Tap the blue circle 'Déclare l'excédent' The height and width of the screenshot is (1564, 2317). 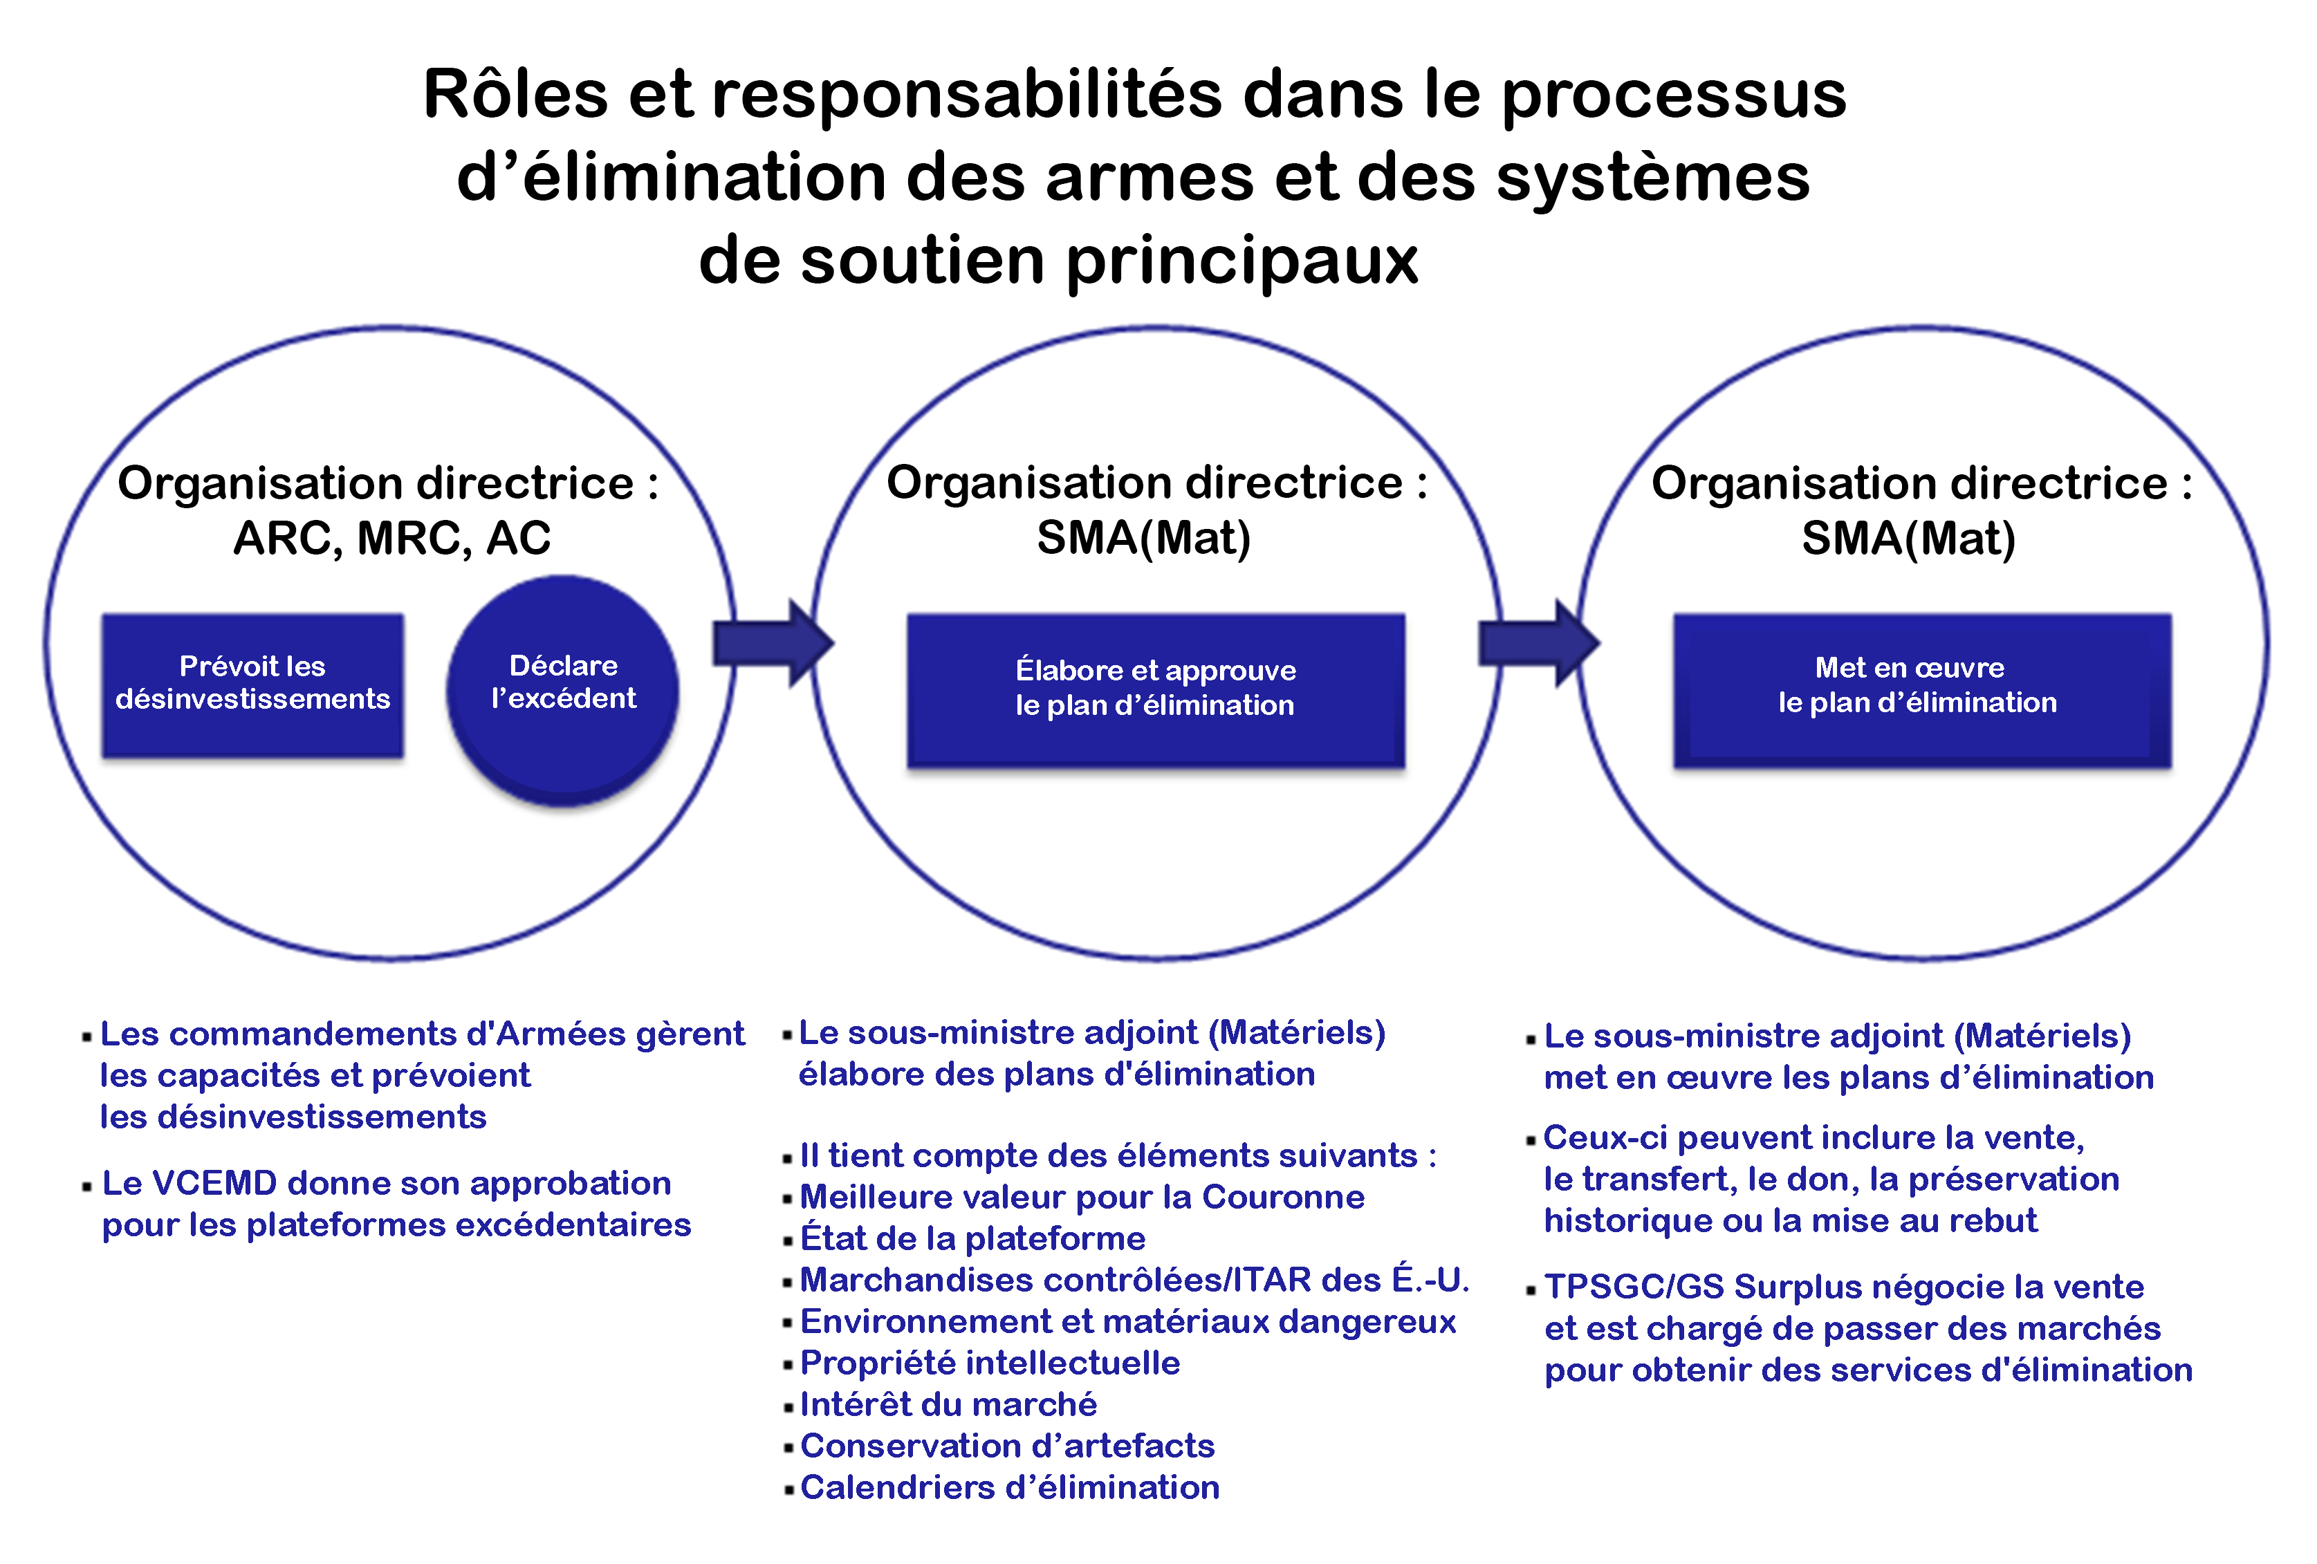pyautogui.click(x=563, y=688)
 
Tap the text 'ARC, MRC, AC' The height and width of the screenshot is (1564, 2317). pyautogui.click(x=392, y=539)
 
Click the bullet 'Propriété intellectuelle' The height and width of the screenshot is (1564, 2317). pyautogui.click(x=990, y=1363)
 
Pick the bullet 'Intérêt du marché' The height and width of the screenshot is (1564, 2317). pyautogui.click(x=948, y=1404)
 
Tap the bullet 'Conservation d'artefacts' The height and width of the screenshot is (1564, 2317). pyautogui.click(x=1007, y=1445)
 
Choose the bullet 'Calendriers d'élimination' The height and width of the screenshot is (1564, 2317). pyautogui.click(x=1009, y=1487)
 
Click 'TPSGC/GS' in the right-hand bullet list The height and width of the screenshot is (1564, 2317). pyautogui.click(x=1634, y=1287)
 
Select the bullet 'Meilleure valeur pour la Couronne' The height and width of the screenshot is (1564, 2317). pyautogui.click(x=1082, y=1196)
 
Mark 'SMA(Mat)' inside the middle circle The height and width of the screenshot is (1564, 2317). pyautogui.click(x=1143, y=539)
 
